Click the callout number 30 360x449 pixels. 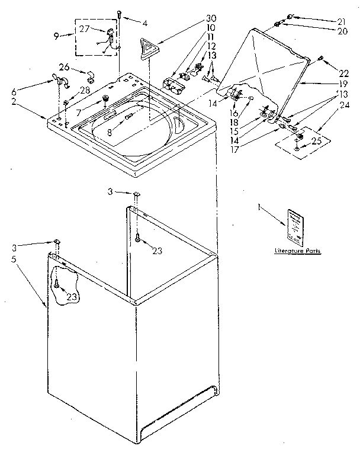[194, 17]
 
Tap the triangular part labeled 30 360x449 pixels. [146, 46]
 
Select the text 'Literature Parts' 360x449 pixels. [297, 251]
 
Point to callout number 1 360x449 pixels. [259, 207]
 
